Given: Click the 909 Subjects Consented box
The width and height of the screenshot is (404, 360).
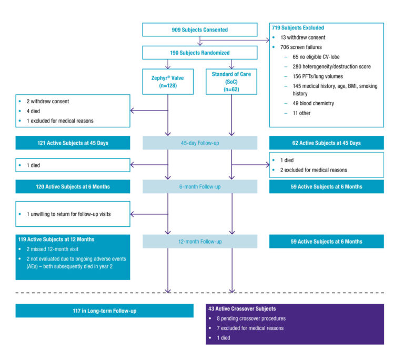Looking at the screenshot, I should pyautogui.click(x=200, y=29).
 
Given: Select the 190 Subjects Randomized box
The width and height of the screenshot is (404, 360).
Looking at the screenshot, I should pyautogui.click(x=200, y=53).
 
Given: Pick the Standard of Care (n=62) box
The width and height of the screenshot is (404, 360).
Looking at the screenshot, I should pyautogui.click(x=231, y=82).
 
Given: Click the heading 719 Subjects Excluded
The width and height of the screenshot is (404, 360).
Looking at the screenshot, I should pyautogui.click(x=298, y=27).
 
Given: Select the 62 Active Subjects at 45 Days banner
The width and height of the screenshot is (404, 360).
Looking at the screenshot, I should pyautogui.click(x=326, y=143).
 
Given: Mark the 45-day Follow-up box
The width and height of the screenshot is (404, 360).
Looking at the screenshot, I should pyautogui.click(x=200, y=143).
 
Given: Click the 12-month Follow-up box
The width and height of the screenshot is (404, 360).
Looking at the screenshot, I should pyautogui.click(x=200, y=242).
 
